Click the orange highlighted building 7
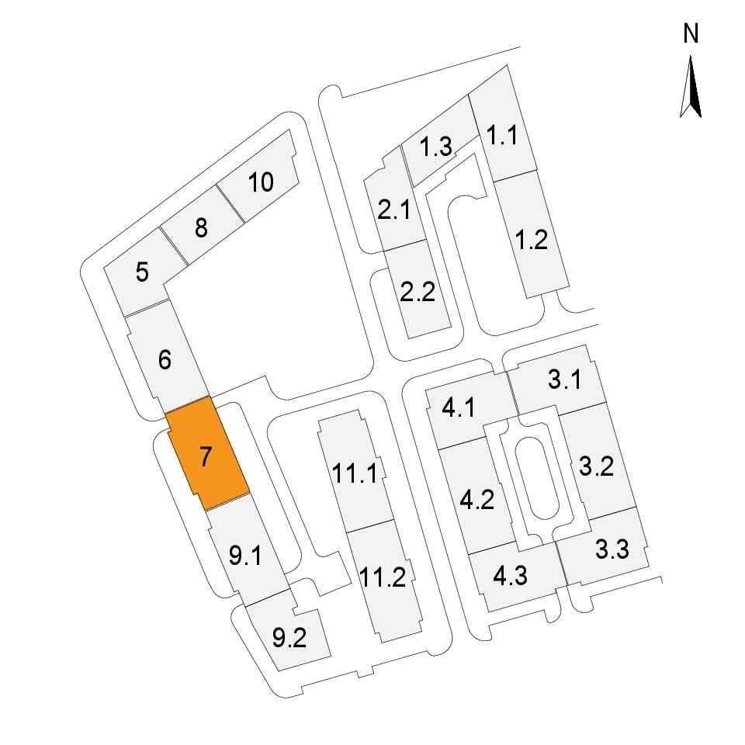208,454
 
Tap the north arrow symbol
691,86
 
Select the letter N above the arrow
691,33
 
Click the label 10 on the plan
261,182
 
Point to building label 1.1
502,135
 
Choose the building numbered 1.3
435,146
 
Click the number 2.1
394,210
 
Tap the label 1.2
531,240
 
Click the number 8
201,227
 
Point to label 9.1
245,555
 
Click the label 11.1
355,473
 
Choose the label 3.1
564,379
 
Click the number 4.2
477,499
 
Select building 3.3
604,546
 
